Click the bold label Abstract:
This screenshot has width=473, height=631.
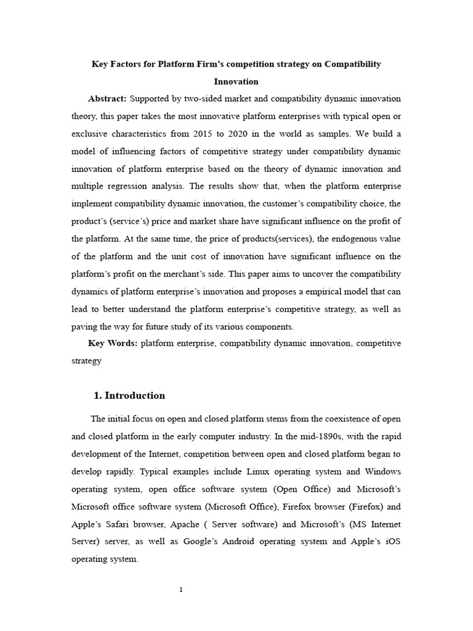107,99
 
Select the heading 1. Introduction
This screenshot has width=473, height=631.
129,396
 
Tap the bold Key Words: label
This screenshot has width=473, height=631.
113,343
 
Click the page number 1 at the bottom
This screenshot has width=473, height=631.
181,590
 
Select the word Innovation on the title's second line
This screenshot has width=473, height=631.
236,81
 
